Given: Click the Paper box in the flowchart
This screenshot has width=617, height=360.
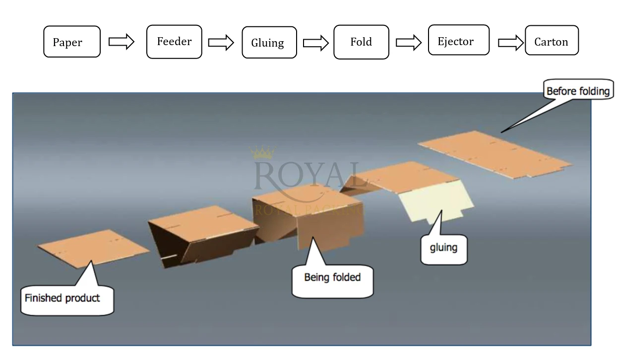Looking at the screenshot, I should tap(72, 42).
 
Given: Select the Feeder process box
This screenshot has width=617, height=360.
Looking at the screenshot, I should tap(174, 42).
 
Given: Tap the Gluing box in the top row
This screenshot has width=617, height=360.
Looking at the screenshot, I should tap(269, 43).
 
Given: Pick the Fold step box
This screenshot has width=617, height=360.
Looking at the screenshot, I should tap(361, 42).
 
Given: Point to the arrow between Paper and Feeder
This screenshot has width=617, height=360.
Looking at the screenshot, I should tap(122, 42).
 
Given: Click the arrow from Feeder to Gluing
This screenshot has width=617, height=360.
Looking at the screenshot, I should tap(221, 42).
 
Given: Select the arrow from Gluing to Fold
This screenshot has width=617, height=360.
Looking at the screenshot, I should tap(316, 43).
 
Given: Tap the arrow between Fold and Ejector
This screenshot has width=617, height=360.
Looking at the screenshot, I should tap(409, 43).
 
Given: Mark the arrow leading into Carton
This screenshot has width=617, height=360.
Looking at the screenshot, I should tap(511, 43).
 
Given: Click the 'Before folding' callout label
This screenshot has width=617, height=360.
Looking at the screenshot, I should tap(577, 91).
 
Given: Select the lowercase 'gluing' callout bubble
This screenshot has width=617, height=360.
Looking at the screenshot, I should tap(443, 247).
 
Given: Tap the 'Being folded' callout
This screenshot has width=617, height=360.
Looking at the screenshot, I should tap(332, 277).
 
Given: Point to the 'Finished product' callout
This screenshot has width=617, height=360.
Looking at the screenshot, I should tap(62, 299).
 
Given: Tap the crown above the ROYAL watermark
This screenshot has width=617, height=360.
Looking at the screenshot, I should tap(262, 152).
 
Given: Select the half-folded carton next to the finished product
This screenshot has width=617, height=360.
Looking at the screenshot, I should tap(201, 233).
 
